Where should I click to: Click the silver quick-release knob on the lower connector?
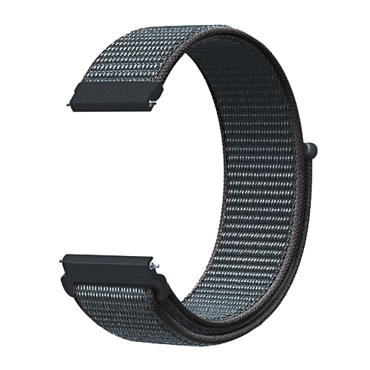tap(153, 265)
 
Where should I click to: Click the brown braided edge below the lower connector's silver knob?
tap(157, 285)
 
